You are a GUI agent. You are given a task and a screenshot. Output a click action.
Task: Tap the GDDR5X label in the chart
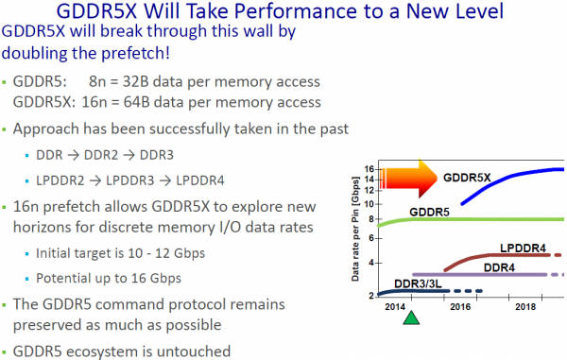point(473,176)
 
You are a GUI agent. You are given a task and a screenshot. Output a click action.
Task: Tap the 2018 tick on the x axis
point(526,307)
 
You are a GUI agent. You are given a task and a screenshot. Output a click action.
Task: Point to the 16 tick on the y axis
point(369,169)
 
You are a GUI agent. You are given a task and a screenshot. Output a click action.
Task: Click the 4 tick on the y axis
point(372,261)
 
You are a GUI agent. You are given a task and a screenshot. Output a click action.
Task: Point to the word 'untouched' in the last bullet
point(192,351)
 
